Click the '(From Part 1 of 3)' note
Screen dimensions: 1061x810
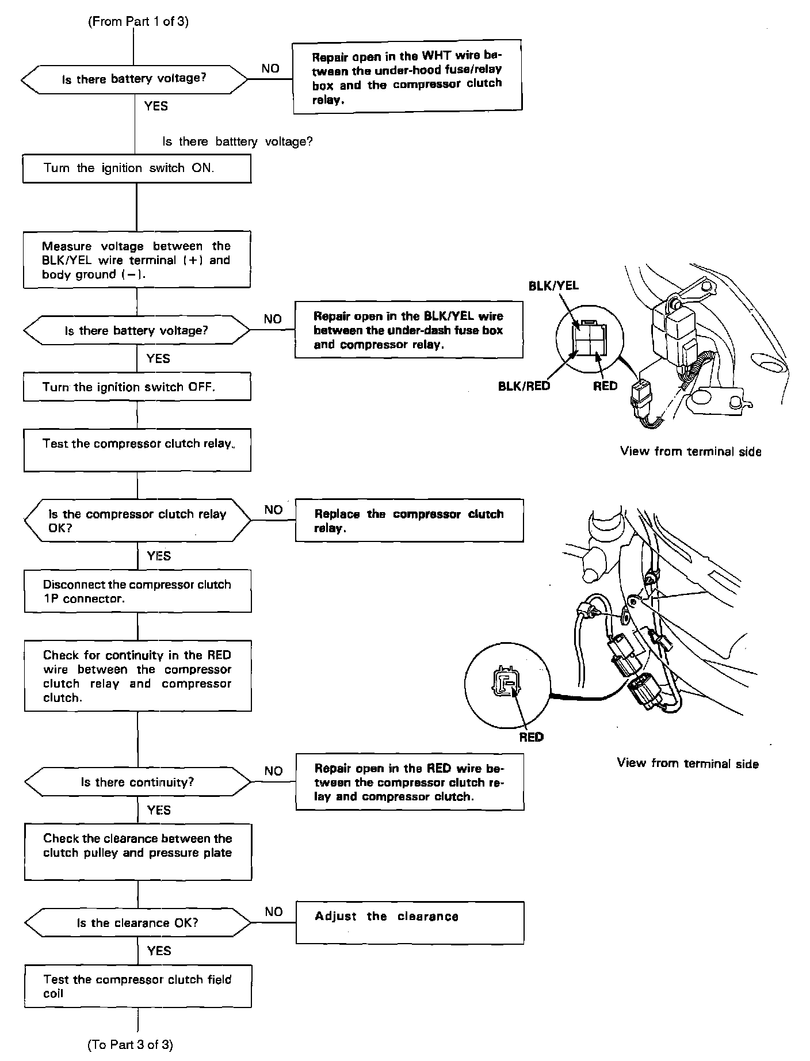pyautogui.click(x=138, y=22)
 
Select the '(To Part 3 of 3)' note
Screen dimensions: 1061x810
pyautogui.click(x=130, y=1044)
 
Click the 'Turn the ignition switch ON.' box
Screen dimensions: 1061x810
pyautogui.click(x=137, y=169)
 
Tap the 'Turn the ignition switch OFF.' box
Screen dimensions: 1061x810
pyautogui.click(x=137, y=387)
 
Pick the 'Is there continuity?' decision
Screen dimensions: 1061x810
pyautogui.click(x=137, y=782)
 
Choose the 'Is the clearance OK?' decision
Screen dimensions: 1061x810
pyautogui.click(x=137, y=923)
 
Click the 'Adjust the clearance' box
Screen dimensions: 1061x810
pyautogui.click(x=410, y=922)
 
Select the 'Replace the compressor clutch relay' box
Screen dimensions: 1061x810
pyautogui.click(x=409, y=520)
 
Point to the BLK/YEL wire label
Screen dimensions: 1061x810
pyautogui.click(x=553, y=286)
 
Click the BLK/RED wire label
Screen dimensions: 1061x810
pyautogui.click(x=524, y=386)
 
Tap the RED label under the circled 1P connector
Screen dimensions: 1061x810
pyautogui.click(x=531, y=737)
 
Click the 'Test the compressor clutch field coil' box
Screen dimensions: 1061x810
pyautogui.click(x=137, y=986)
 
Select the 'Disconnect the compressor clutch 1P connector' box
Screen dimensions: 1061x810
pyautogui.click(x=137, y=591)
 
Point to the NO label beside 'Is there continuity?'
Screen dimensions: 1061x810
pyautogui.click(x=274, y=771)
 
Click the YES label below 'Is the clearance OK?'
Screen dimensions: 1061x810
pyautogui.click(x=159, y=951)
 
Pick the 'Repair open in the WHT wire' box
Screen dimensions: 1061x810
pyautogui.click(x=407, y=77)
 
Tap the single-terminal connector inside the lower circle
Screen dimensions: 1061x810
pyautogui.click(x=505, y=682)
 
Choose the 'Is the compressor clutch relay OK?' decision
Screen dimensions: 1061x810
pyautogui.click(x=137, y=521)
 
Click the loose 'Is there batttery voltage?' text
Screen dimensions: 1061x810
pyautogui.click(x=238, y=142)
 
